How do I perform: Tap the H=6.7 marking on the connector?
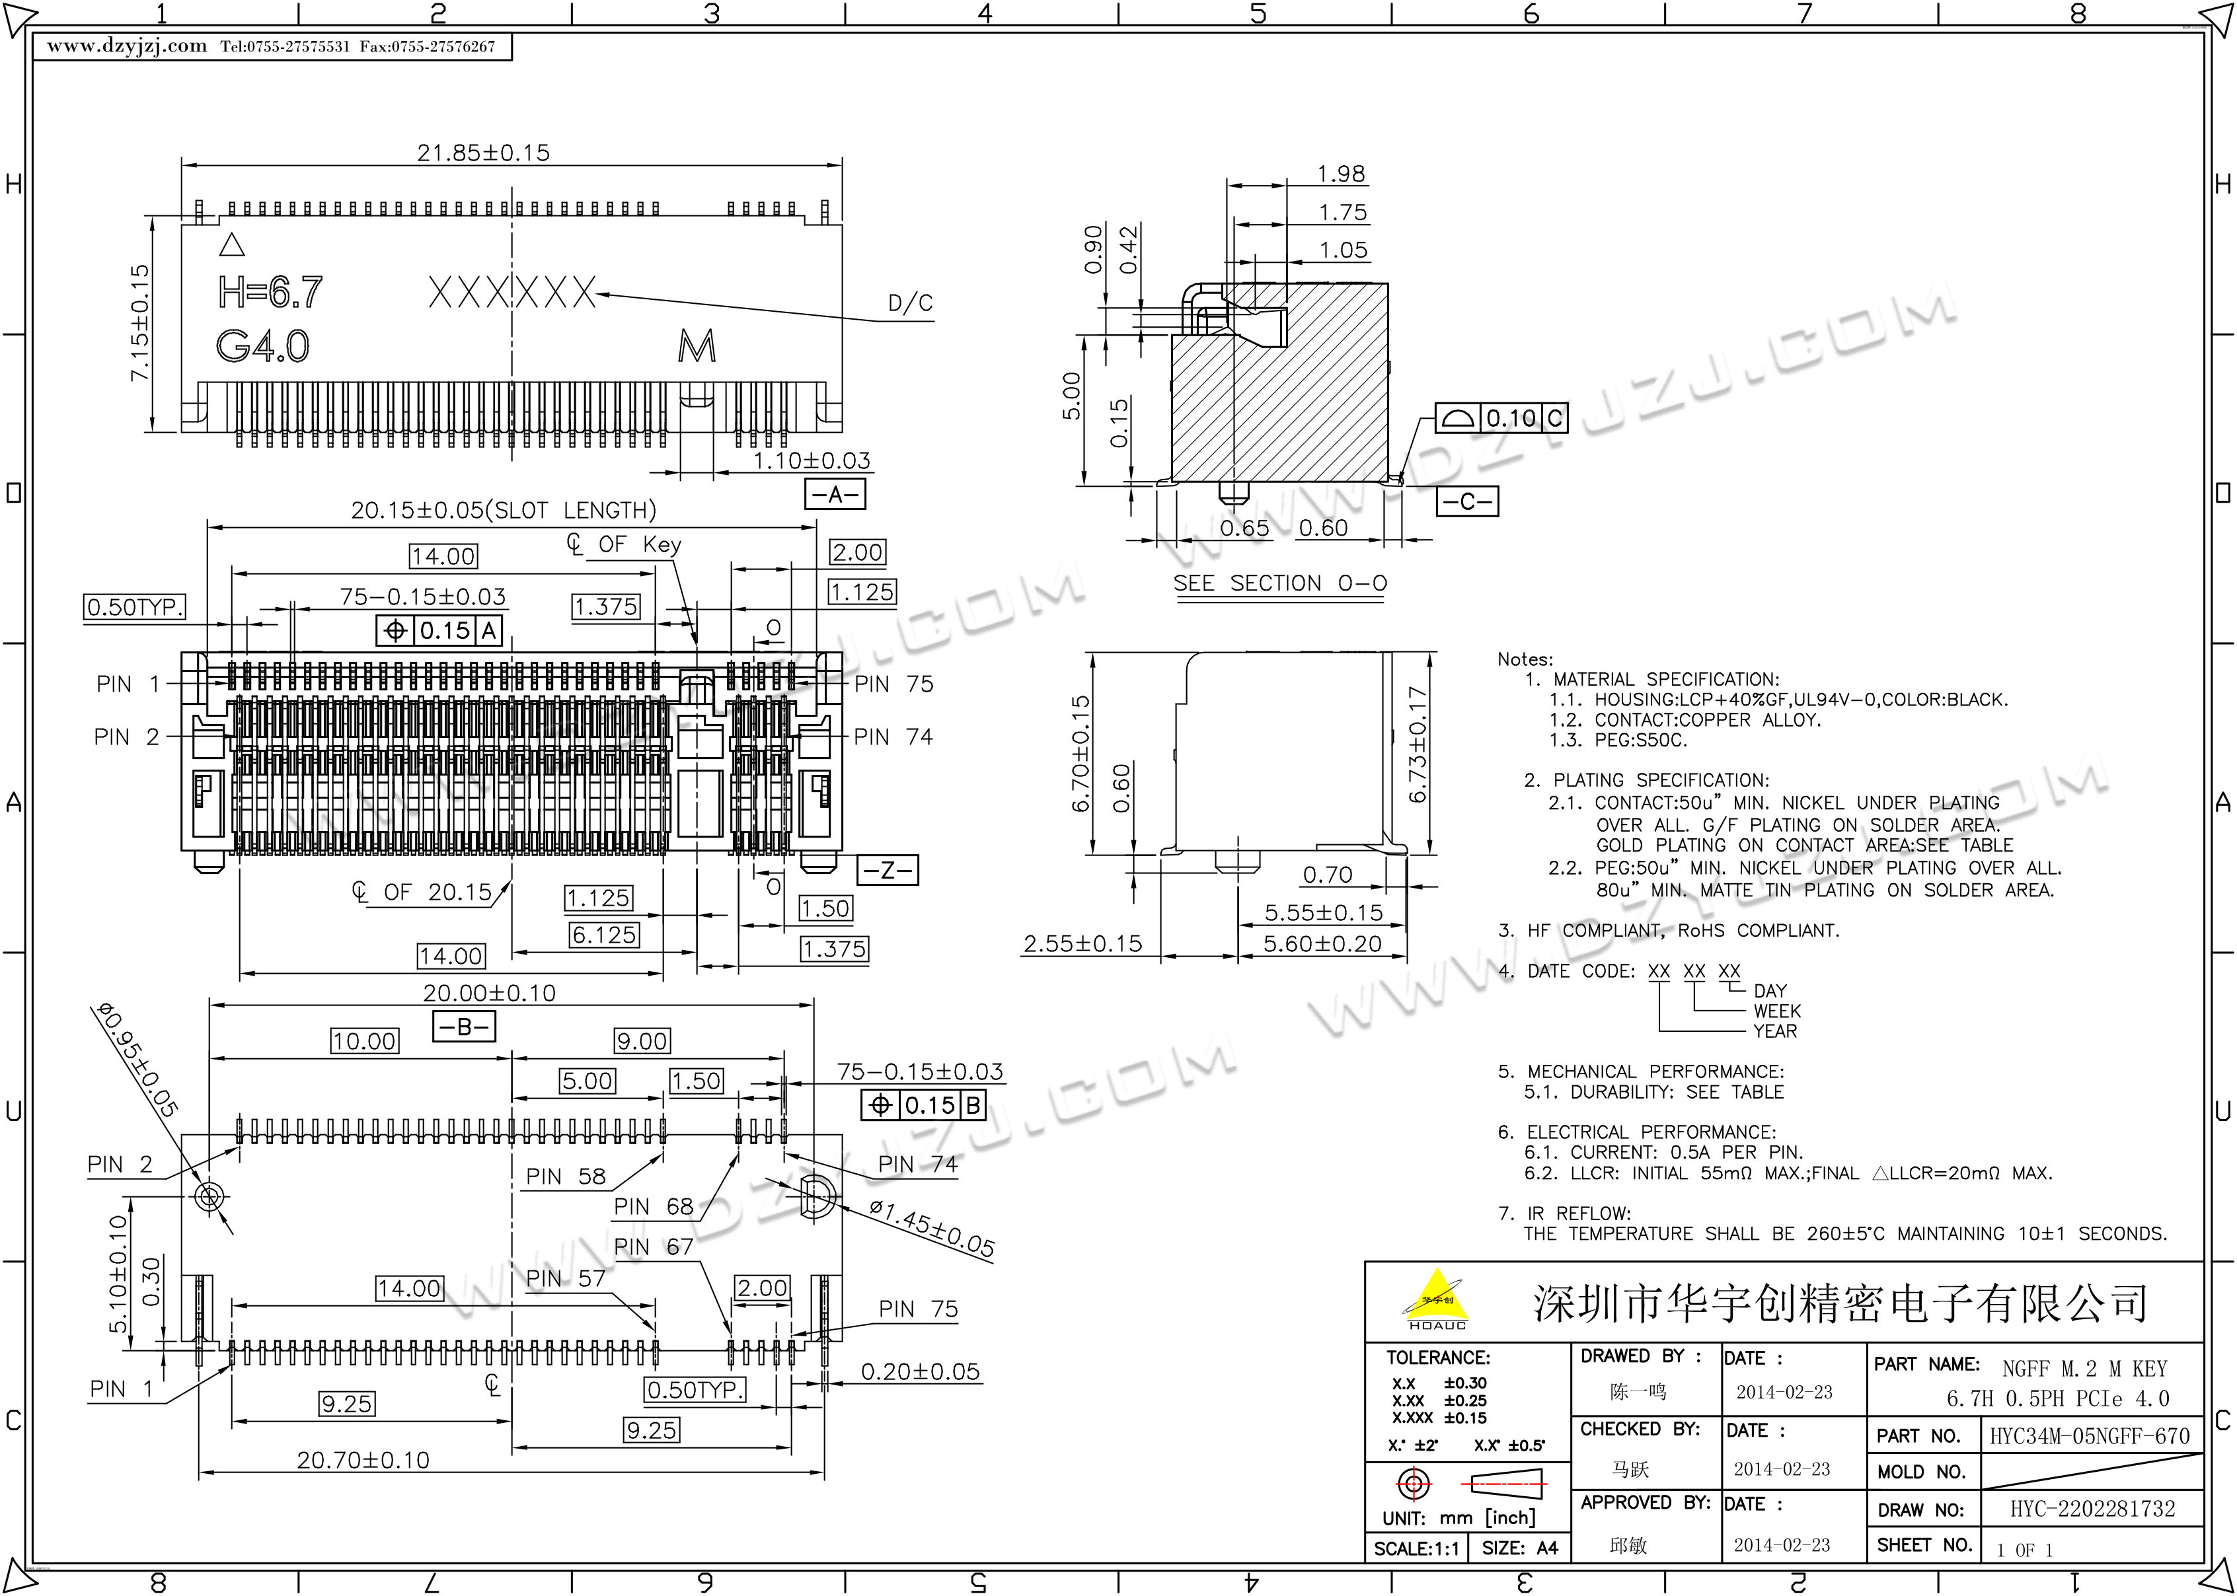tap(270, 292)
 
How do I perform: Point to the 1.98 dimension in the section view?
tap(1341, 174)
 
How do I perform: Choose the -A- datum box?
tap(835, 493)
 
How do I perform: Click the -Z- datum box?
tap(888, 870)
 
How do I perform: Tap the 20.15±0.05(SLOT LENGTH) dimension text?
tap(503, 510)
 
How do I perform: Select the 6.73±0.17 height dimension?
tap(1416, 745)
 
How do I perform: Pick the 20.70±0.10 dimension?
tap(363, 1461)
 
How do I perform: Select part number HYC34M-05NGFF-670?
tap(2090, 1436)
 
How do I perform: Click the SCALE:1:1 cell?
tap(1416, 1549)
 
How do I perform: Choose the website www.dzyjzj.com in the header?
tap(127, 46)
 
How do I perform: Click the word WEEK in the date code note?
tap(1777, 1011)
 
